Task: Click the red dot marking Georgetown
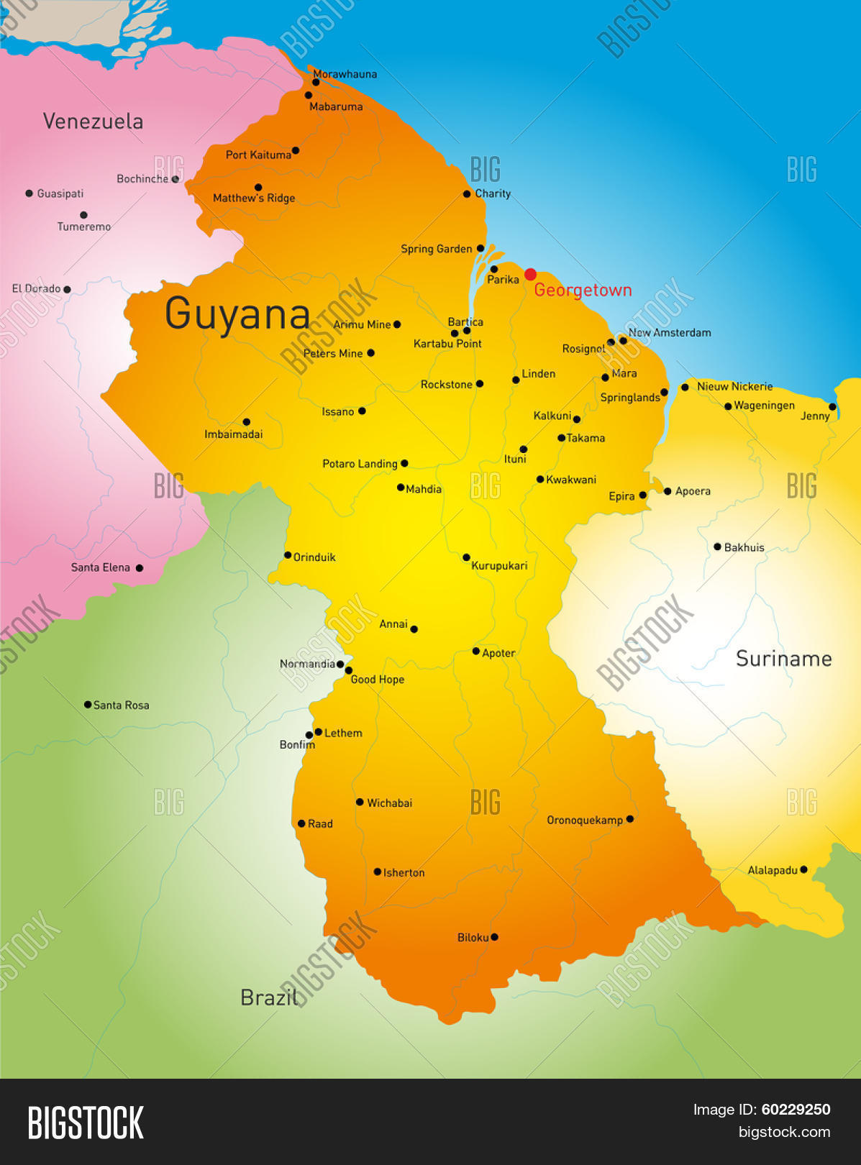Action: click(530, 274)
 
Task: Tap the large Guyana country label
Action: click(237, 314)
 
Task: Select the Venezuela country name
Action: click(93, 121)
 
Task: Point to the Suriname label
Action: click(783, 659)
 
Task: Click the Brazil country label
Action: click(268, 997)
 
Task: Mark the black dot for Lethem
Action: click(318, 731)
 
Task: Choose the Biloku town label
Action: click(473, 937)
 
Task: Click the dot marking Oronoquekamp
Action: click(630, 818)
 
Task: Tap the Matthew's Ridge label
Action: click(254, 198)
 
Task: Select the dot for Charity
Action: click(467, 193)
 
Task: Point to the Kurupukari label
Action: click(499, 566)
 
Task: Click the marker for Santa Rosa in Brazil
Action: click(88, 705)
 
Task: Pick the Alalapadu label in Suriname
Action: click(772, 870)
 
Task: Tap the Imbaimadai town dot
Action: click(247, 422)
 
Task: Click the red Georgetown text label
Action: click(583, 291)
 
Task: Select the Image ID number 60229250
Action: click(796, 1110)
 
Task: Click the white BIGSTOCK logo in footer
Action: click(86, 1122)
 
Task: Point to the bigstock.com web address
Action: click(784, 1132)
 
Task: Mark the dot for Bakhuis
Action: click(717, 547)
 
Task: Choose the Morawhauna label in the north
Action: click(345, 74)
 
